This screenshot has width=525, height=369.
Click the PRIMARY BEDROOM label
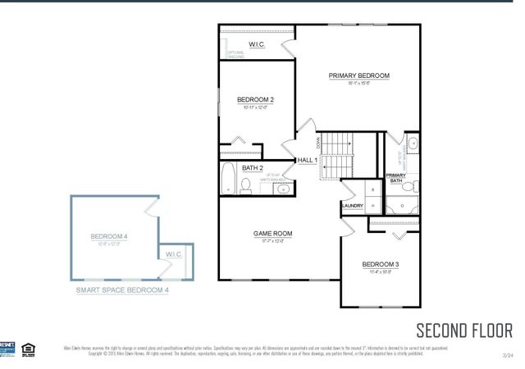[358, 75]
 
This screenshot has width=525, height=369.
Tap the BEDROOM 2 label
[255, 100]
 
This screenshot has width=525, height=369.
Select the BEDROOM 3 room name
[380, 264]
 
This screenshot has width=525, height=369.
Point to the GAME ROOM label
[272, 234]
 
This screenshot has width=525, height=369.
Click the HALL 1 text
[307, 160]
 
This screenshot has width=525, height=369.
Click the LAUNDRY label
[352, 206]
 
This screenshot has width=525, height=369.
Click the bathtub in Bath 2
[229, 179]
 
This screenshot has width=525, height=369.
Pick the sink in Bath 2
[285, 188]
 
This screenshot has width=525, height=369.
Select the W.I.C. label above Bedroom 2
[257, 44]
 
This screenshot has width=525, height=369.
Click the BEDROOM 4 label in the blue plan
[109, 236]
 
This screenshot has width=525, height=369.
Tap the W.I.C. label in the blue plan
[173, 255]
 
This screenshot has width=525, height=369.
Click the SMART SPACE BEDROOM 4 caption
[122, 290]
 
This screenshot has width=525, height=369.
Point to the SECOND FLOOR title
[464, 330]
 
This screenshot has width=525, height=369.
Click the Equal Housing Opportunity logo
[27, 348]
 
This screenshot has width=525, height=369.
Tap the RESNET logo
[7, 348]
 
